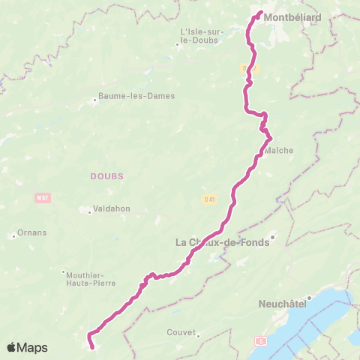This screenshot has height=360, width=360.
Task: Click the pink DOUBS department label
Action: tap(106, 175)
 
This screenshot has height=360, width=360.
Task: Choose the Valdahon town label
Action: tap(112, 211)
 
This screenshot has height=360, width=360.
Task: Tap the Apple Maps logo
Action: tap(27, 347)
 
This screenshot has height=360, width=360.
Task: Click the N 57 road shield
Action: tap(42, 198)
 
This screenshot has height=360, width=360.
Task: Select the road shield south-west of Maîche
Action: tap(209, 199)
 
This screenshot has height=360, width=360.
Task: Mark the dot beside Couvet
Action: tap(198, 336)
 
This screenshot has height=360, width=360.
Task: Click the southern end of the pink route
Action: tap(92, 346)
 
